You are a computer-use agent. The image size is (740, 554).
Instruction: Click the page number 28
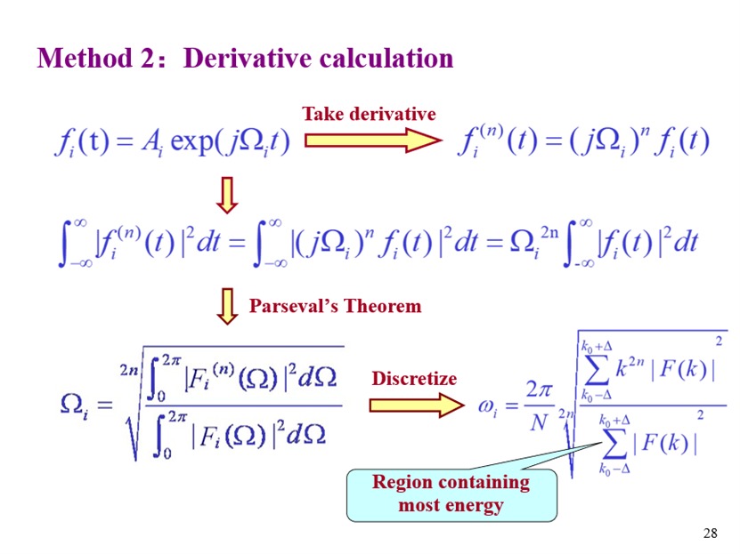click(x=710, y=534)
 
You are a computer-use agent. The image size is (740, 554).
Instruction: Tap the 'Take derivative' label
click(x=369, y=114)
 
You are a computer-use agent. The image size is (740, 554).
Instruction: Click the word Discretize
click(x=414, y=379)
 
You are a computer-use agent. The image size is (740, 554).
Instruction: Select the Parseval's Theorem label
click(x=335, y=306)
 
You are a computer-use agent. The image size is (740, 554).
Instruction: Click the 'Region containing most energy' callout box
click(x=451, y=494)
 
